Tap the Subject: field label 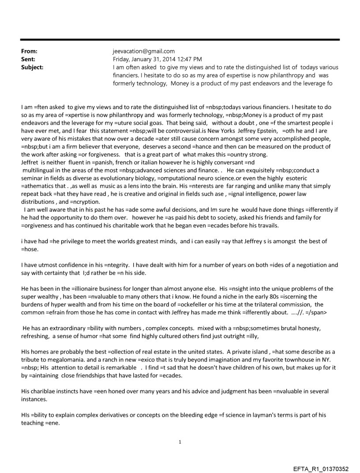33,67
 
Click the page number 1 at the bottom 180,442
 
